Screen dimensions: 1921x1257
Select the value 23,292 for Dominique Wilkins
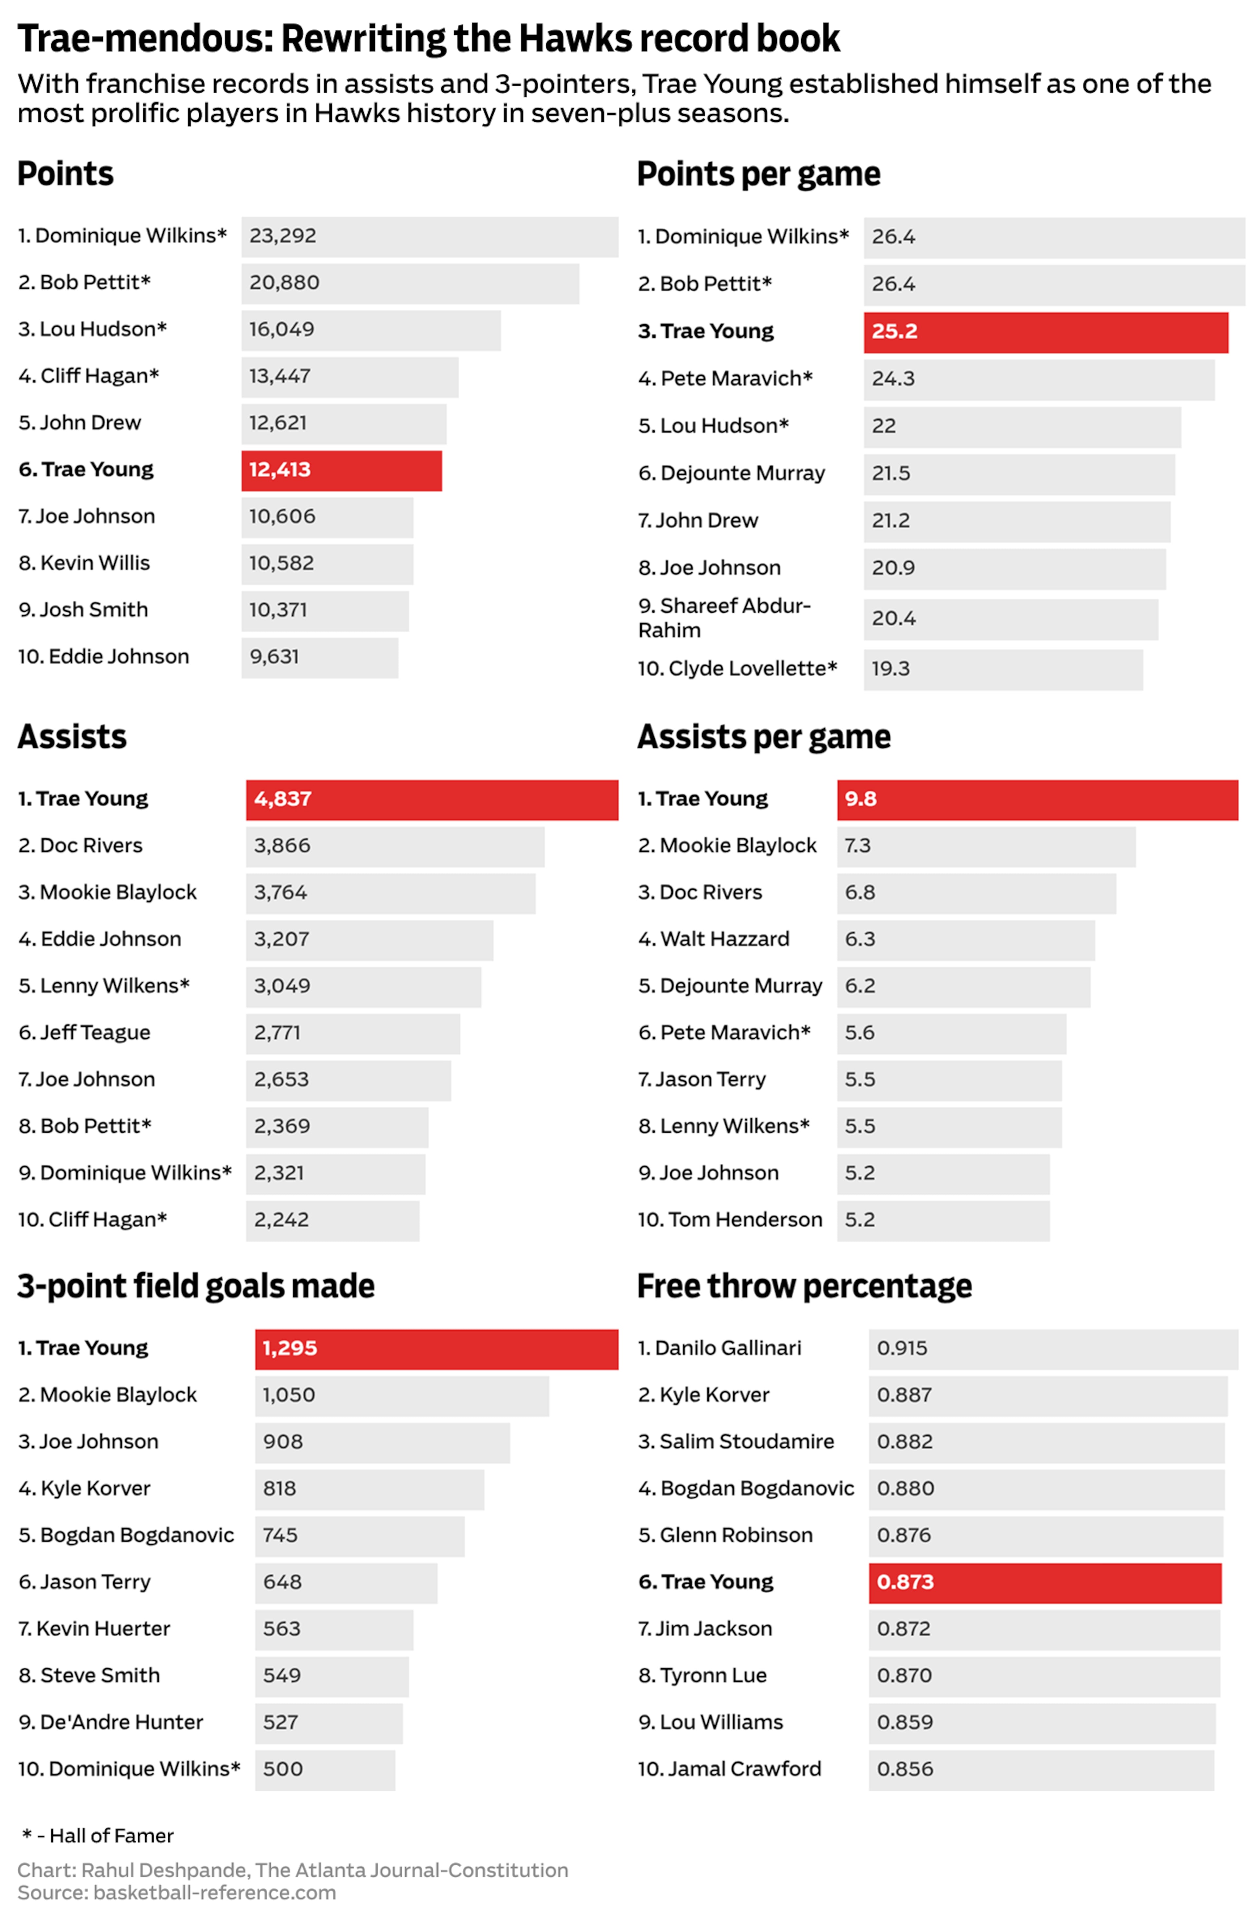282,236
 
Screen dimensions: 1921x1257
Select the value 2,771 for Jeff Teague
277,1032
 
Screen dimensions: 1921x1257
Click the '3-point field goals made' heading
196,1286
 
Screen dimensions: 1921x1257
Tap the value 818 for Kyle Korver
279,1488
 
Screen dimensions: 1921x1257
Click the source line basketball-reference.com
177,1893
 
